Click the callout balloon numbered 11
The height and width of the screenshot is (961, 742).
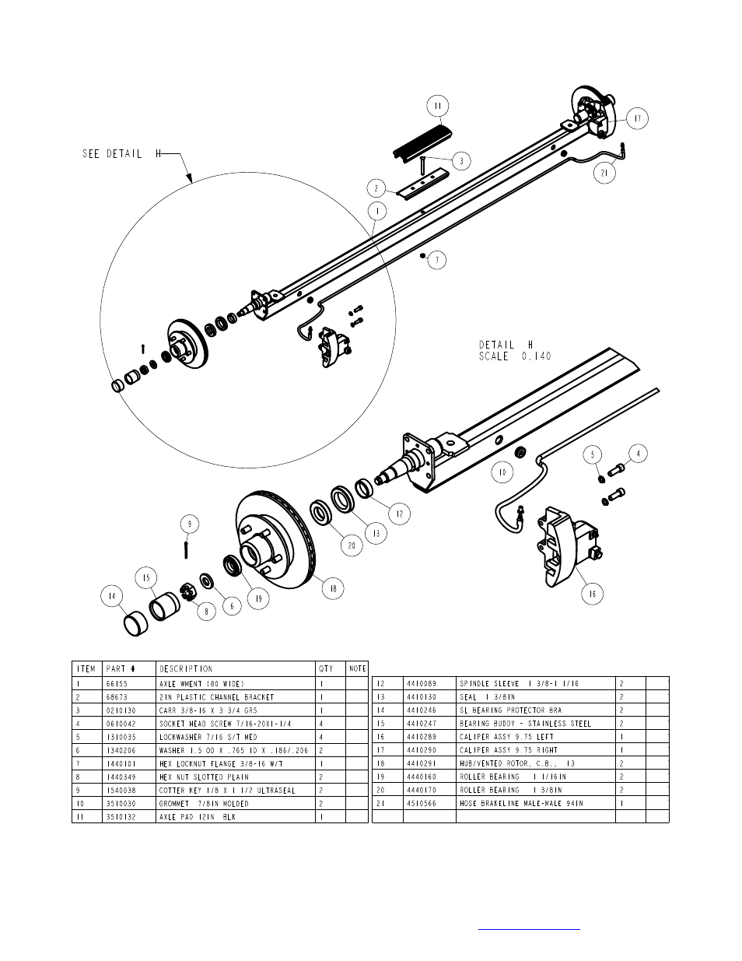pyautogui.click(x=438, y=106)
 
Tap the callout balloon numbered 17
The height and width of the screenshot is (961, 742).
pyautogui.click(x=637, y=118)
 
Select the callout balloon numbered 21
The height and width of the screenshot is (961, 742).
pyautogui.click(x=604, y=173)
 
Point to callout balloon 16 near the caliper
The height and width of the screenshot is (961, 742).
pyautogui.click(x=592, y=594)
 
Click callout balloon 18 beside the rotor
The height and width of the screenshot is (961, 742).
pyautogui.click(x=333, y=588)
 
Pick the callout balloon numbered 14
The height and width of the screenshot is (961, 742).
pyautogui.click(x=112, y=596)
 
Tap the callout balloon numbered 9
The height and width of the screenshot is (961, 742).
pyautogui.click(x=190, y=524)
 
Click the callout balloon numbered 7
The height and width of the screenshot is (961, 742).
pyautogui.click(x=437, y=260)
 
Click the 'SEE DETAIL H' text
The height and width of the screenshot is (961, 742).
pyautogui.click(x=121, y=154)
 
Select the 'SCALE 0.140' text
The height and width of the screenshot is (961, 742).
pyautogui.click(x=516, y=356)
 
